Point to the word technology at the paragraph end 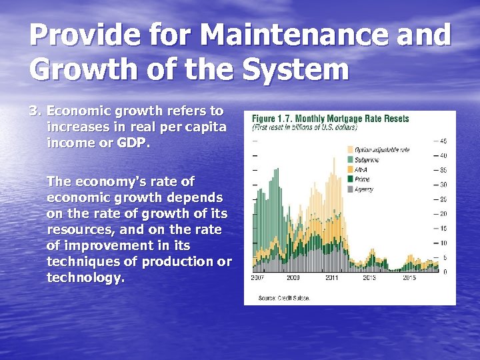[85, 277]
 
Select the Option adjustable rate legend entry [382, 150]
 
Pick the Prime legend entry [362, 179]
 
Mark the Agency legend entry [364, 189]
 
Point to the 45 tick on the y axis [443, 141]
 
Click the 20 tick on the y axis [443, 214]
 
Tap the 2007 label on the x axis [257, 277]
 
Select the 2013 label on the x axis [370, 277]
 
